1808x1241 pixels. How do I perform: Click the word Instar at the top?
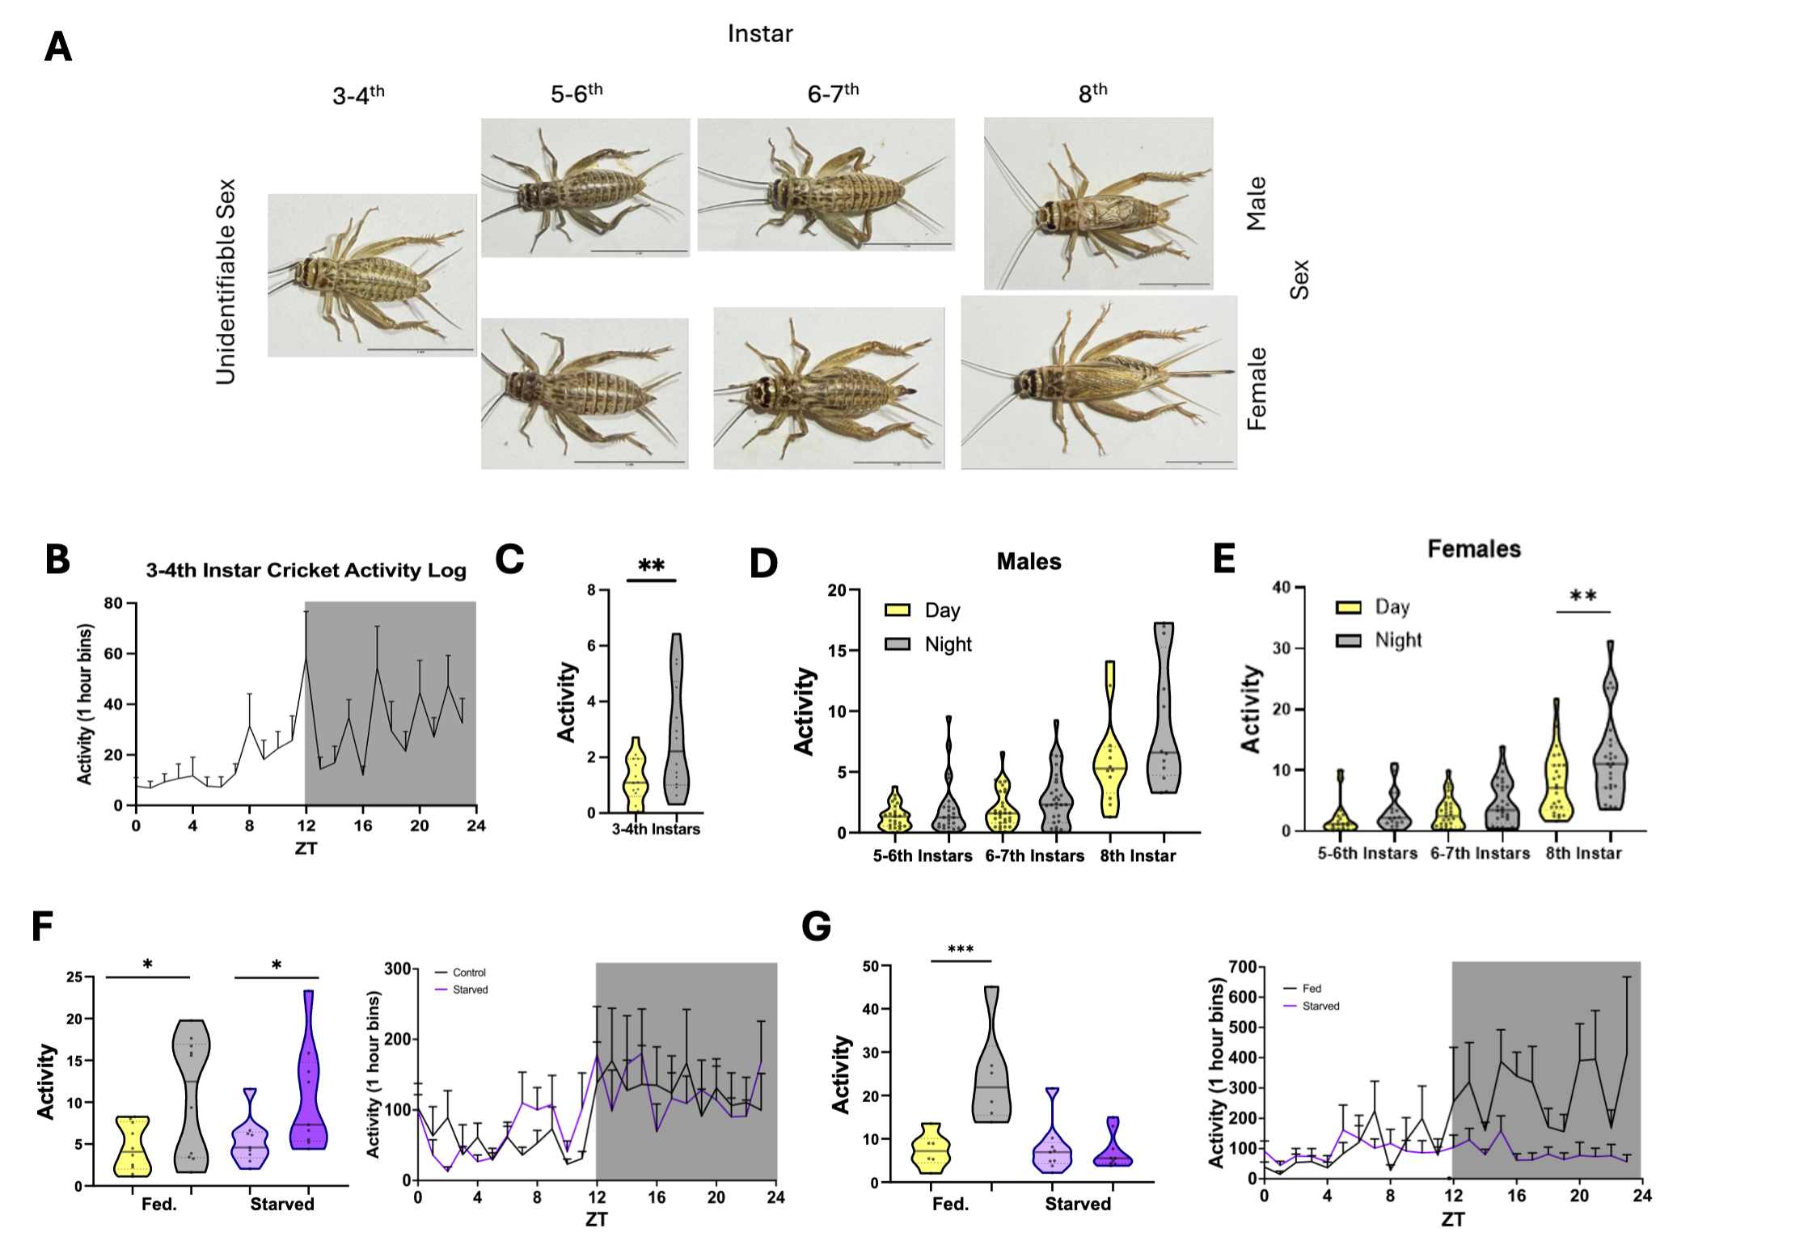[x=760, y=34]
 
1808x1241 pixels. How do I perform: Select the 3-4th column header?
[x=358, y=95]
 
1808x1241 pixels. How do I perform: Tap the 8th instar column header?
[x=1092, y=93]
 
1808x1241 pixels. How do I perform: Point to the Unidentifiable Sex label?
[x=226, y=281]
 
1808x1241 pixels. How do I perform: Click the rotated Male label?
[x=1256, y=204]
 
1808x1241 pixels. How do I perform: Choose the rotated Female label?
[x=1257, y=389]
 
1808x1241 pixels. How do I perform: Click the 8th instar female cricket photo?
[x=1098, y=382]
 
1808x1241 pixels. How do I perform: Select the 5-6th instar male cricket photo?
[x=585, y=188]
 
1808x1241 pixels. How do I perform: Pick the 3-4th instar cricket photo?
[x=372, y=275]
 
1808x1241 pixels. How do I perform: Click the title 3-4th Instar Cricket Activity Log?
[x=306, y=571]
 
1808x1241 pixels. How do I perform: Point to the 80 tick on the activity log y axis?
[x=113, y=603]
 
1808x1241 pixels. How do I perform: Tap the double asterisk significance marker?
[x=651, y=566]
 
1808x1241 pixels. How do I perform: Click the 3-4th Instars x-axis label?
[x=656, y=829]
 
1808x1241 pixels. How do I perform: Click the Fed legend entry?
[x=1312, y=988]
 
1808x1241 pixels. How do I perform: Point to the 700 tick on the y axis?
[x=1241, y=967]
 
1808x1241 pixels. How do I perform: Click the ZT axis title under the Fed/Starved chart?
[x=1452, y=1219]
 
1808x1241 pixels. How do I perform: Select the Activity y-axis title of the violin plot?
[x=566, y=702]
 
